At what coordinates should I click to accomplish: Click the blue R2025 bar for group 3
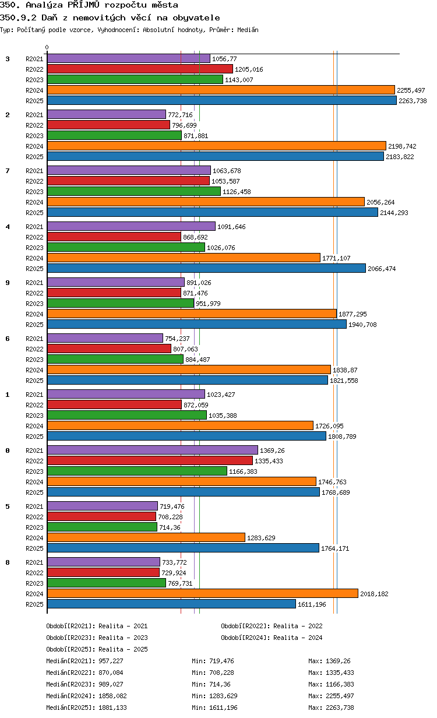[221, 100]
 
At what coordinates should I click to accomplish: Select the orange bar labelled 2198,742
[217, 146]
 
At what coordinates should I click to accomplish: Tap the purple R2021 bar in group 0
[153, 450]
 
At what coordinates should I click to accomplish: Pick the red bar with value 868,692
[114, 237]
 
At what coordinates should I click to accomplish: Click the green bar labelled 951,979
[121, 303]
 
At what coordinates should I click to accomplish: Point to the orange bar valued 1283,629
[146, 537]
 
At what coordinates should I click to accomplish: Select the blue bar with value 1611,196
[171, 604]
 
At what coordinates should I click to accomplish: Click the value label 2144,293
[394, 213]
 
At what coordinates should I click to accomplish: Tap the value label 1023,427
[221, 395]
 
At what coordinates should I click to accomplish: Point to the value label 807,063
[185, 349]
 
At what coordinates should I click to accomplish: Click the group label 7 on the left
[8, 171]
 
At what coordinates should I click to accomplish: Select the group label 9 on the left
[8, 283]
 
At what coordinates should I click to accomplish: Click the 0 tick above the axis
[47, 47]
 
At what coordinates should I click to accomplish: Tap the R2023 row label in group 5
[34, 527]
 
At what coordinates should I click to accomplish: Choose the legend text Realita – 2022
[298, 626]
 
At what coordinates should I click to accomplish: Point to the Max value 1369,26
[338, 661]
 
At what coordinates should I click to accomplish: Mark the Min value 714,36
[220, 684]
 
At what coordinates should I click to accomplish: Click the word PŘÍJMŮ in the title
[83, 5]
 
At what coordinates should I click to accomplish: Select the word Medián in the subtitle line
[248, 30]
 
